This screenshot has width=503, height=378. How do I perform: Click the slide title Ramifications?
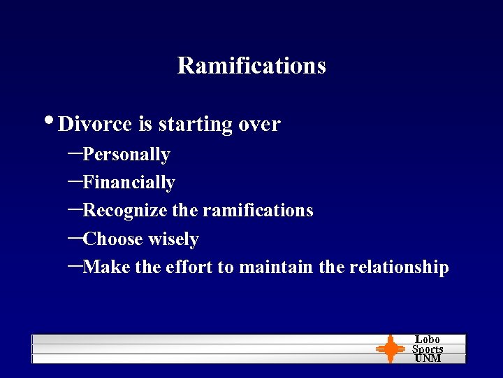pos(251,65)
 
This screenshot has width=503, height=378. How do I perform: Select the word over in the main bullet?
pos(259,125)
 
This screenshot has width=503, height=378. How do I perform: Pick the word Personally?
pos(126,154)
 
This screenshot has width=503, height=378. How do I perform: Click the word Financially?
pos(129,182)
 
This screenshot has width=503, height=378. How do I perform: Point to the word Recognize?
pos(125,211)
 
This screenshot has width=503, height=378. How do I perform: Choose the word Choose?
pos(112,239)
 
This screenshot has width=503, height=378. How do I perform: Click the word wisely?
pos(173,239)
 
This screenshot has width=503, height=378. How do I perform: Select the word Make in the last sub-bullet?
pos(102,267)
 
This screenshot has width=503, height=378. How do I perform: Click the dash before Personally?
pos(75,151)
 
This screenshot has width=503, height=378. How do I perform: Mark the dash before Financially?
pos(75,179)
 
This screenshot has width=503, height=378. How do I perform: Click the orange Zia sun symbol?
pos(391,348)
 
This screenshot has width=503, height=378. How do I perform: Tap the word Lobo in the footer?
pos(428,339)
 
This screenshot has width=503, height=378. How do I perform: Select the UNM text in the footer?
pos(428,358)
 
